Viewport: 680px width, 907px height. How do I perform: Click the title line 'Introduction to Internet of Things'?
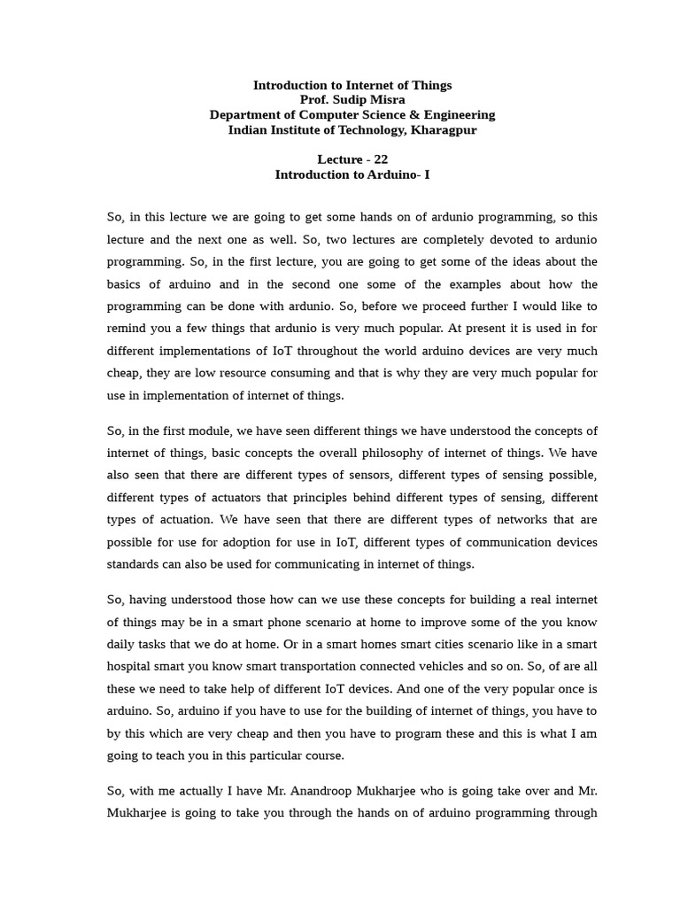(x=352, y=85)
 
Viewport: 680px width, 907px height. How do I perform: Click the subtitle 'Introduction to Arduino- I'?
(x=352, y=174)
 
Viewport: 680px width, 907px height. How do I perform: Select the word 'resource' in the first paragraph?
(x=259, y=373)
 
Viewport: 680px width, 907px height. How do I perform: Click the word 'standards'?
(x=135, y=564)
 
